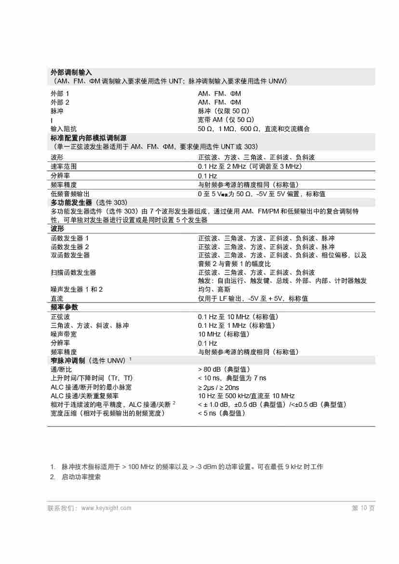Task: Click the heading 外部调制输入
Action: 71,72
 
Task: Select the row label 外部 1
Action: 60,94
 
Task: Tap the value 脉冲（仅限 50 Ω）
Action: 224,111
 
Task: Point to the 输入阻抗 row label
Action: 64,129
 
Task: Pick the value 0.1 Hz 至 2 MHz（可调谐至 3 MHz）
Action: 250,166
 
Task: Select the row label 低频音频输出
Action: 70,194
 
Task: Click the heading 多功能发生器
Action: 71,202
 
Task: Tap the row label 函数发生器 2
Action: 70,247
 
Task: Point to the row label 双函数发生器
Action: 70,255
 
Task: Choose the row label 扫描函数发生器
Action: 73,273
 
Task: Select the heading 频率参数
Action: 64,307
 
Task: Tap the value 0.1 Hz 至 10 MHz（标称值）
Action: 238,317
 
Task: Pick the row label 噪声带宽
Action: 63,334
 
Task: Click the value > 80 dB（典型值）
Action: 224,369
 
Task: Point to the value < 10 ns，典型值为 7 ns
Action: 232,378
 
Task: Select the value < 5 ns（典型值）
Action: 222,413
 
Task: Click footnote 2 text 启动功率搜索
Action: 81,477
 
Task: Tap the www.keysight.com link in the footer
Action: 106,508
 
